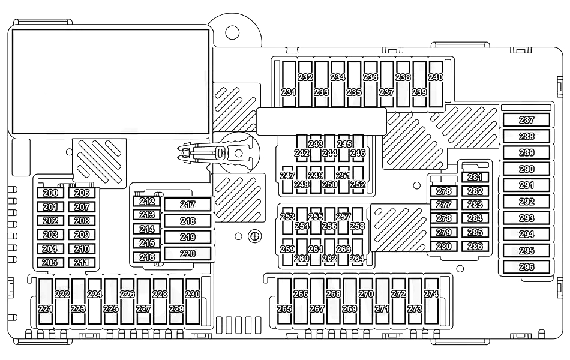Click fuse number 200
point(51,193)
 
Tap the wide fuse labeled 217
point(188,205)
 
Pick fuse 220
point(188,254)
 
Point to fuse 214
point(147,229)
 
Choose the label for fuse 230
point(192,295)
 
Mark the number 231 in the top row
point(289,92)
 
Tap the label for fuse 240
point(436,77)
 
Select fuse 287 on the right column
point(526,121)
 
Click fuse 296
point(526,267)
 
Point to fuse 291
point(526,185)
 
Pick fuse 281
point(475,177)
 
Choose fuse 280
point(444,246)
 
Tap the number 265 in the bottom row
point(284,308)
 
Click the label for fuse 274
point(431,295)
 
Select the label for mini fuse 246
point(358,153)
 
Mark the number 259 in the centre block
point(287,249)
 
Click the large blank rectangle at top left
point(111,82)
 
